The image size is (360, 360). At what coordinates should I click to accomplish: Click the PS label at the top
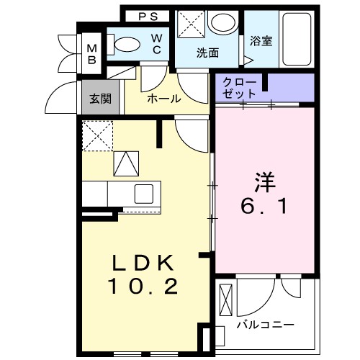148,15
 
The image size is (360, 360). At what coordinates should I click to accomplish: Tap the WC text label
156,45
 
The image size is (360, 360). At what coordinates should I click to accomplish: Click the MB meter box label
92,53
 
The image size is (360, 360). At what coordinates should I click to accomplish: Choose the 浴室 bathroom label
260,41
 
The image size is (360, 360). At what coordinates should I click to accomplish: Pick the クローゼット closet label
239,88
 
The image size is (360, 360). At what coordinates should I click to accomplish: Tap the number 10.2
143,287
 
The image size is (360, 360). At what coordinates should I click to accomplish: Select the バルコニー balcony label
266,325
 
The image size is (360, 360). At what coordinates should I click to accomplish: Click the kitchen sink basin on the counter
143,194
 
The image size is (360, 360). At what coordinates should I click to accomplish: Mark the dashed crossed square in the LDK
97,136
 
